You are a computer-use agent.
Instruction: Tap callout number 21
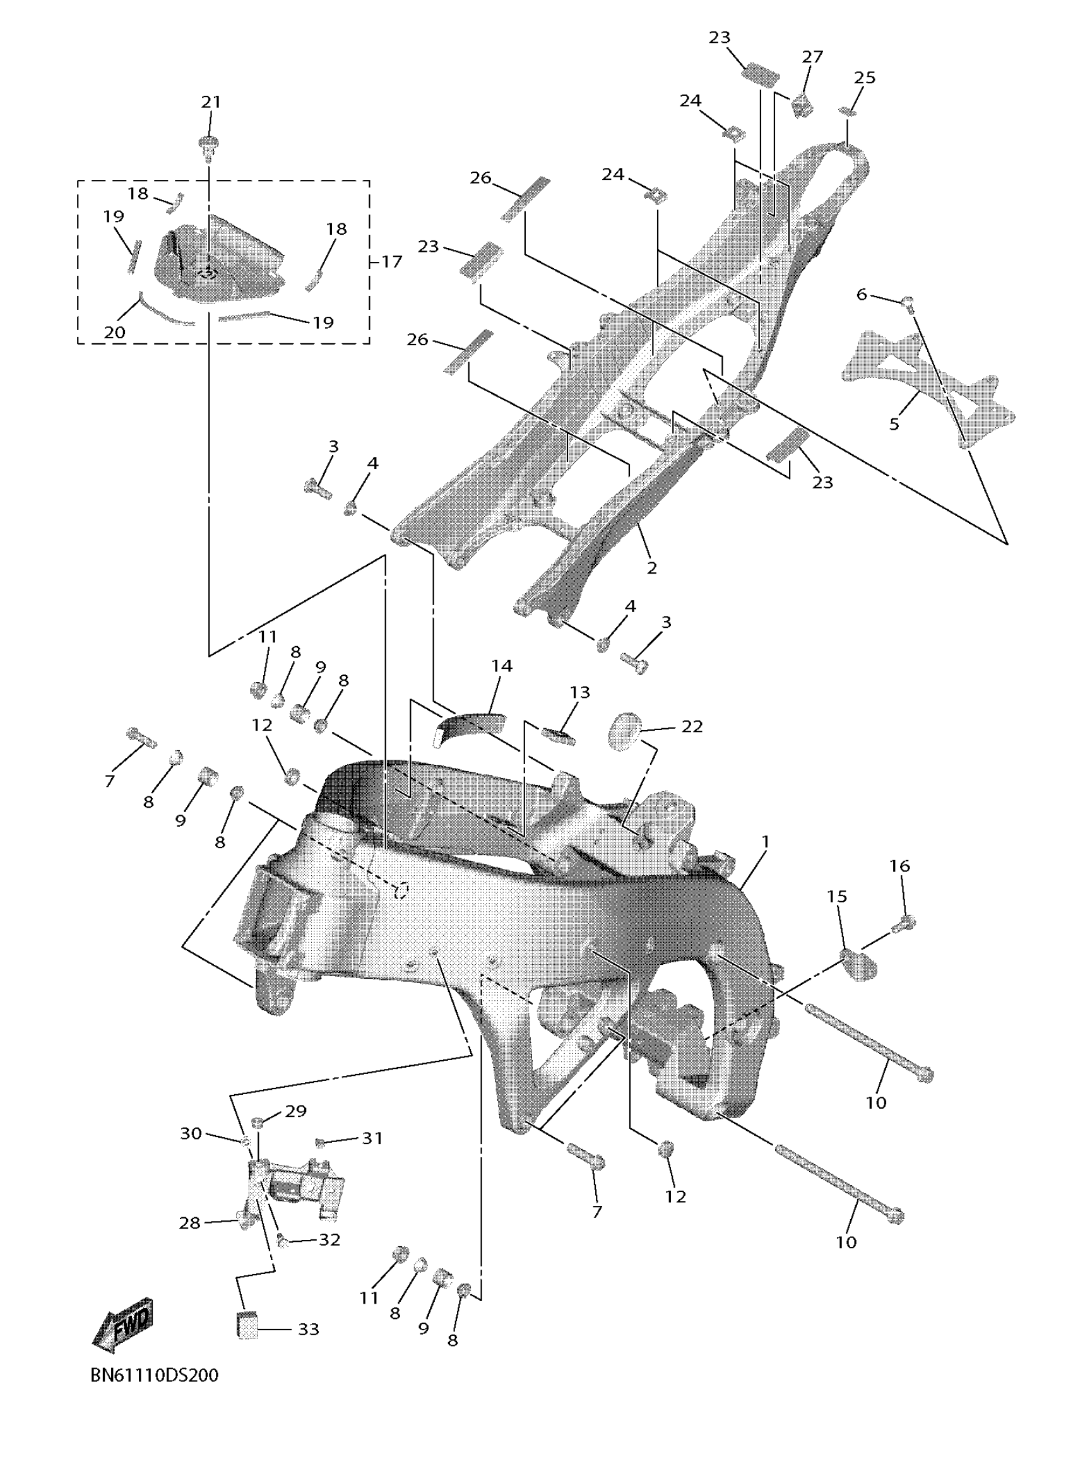click(210, 102)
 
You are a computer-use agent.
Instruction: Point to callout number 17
click(391, 262)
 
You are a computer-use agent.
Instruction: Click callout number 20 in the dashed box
click(114, 332)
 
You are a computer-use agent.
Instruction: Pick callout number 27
click(812, 57)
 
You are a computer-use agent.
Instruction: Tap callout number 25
click(865, 77)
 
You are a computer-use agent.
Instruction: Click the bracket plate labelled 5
click(927, 386)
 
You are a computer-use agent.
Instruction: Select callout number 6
click(862, 295)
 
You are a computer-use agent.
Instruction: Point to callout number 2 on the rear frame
click(651, 567)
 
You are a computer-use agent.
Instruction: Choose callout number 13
click(579, 692)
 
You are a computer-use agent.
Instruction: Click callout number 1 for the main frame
click(766, 842)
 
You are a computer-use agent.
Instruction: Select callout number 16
click(899, 866)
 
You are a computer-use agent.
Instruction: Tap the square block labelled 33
click(246, 1324)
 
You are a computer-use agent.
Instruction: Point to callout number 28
click(189, 1222)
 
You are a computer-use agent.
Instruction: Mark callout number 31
click(372, 1138)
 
